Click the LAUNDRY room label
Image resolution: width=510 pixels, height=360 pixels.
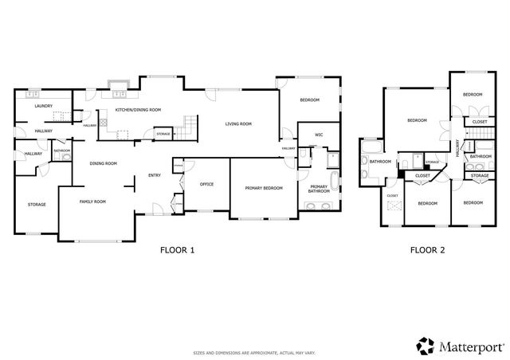tap(43, 105)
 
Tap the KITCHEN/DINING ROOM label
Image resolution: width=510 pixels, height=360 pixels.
tap(138, 109)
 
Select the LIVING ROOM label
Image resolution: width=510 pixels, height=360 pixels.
tap(237, 123)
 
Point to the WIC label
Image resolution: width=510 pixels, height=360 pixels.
tap(318, 135)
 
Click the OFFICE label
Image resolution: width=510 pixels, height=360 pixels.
tap(206, 184)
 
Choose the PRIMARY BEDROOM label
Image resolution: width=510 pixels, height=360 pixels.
tap(262, 187)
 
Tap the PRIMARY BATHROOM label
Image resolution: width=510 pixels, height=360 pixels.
tap(320, 190)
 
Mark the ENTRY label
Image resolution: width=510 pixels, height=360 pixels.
tap(154, 177)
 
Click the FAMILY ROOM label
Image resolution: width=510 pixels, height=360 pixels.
tap(92, 202)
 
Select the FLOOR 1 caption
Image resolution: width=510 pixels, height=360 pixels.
tap(176, 249)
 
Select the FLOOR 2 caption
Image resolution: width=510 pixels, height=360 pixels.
tap(427, 249)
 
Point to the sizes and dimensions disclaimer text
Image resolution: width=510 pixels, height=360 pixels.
tap(254, 351)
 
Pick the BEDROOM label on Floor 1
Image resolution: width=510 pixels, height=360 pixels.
tap(309, 100)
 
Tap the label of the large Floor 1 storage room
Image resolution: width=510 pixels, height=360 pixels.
tap(37, 205)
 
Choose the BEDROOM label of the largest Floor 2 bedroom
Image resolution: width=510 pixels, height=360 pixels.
tap(417, 120)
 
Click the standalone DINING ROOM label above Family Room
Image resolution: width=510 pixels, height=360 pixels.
tap(103, 163)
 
